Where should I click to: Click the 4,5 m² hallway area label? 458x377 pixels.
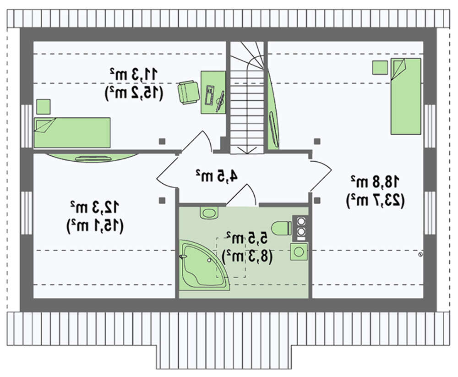pyautogui.click(x=217, y=175)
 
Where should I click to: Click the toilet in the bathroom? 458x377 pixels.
pyautogui.click(x=281, y=227)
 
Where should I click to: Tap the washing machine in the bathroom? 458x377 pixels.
pyautogui.click(x=299, y=251)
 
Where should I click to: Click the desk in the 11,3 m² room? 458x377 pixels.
pyautogui.click(x=213, y=92)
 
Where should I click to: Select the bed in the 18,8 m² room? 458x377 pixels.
pyautogui.click(x=405, y=96)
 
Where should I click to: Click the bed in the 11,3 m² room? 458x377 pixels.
pyautogui.click(x=72, y=132)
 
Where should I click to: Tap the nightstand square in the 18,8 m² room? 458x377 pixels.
pyautogui.click(x=380, y=68)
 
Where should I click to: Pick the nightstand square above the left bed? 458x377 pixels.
pyautogui.click(x=44, y=107)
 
